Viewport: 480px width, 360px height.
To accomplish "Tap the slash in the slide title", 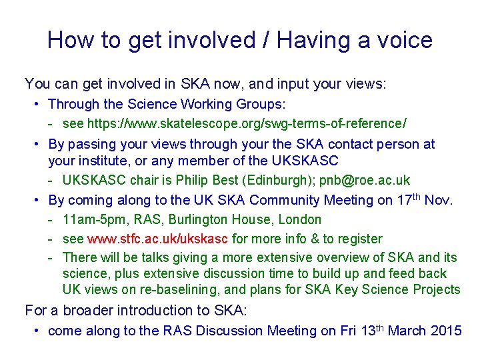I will click(266, 41).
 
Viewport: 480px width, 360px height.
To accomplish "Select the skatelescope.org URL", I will click(247, 124).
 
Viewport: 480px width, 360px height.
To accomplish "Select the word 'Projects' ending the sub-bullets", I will click(436, 289).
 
